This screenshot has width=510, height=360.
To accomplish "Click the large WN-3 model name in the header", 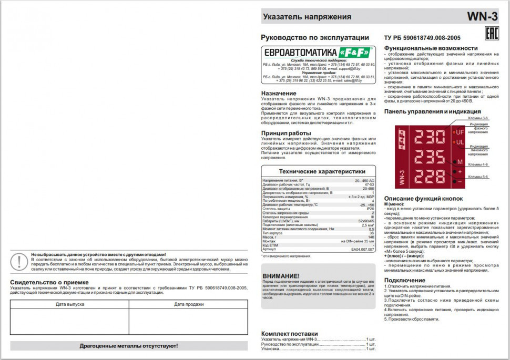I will pos(482,17).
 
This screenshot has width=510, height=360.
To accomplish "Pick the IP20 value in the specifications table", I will pos(370,209).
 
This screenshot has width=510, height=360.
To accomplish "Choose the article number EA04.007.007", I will pos(363,249).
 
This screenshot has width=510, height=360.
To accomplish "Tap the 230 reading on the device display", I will pos(430,138).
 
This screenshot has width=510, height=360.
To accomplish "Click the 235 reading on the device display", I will pos(430,157).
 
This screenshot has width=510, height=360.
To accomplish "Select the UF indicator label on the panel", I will pos(460,132).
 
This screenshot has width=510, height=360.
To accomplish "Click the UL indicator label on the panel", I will pos(460,142).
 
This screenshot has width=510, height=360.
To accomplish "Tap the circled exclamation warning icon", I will pos(19,261).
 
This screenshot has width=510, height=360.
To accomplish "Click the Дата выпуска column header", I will pos(69,304).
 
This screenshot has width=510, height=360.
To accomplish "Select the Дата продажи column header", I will pos(188,304).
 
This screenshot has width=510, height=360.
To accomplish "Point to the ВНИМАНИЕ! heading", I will pos(281,276).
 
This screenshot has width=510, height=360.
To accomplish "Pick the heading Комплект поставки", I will pos(289,333).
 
